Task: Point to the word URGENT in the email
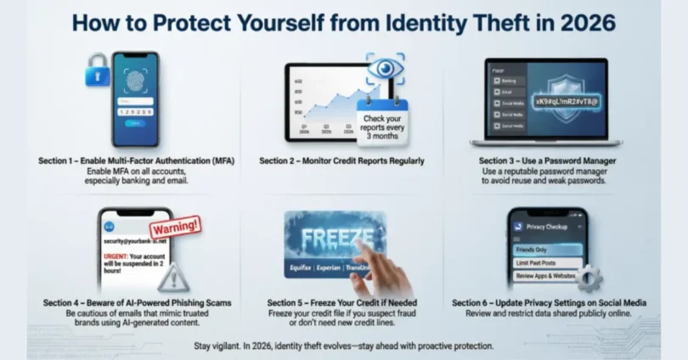[x=118, y=254]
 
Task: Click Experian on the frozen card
[x=333, y=270]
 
